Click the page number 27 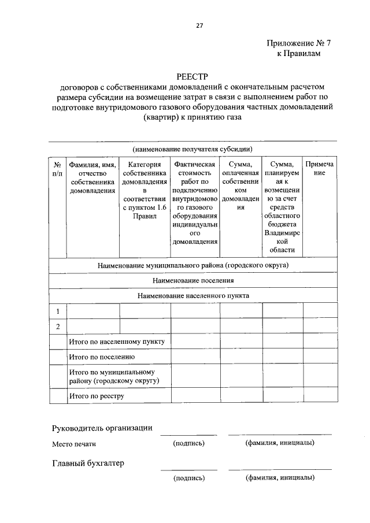[x=199, y=25]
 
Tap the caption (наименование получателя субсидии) [x=193, y=149]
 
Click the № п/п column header [x=58, y=169]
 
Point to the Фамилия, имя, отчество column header [x=93, y=177]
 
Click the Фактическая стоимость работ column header [x=195, y=203]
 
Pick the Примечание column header [x=320, y=169]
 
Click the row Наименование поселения [x=193, y=280]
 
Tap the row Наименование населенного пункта [x=193, y=295]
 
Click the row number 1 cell [x=58, y=311]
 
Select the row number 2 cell [x=58, y=327]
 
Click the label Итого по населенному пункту [x=117, y=342]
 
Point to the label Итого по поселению [x=102, y=358]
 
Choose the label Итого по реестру [x=97, y=396]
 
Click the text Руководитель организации [x=102, y=428]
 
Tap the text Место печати [x=73, y=444]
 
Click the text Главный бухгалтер [x=88, y=463]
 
